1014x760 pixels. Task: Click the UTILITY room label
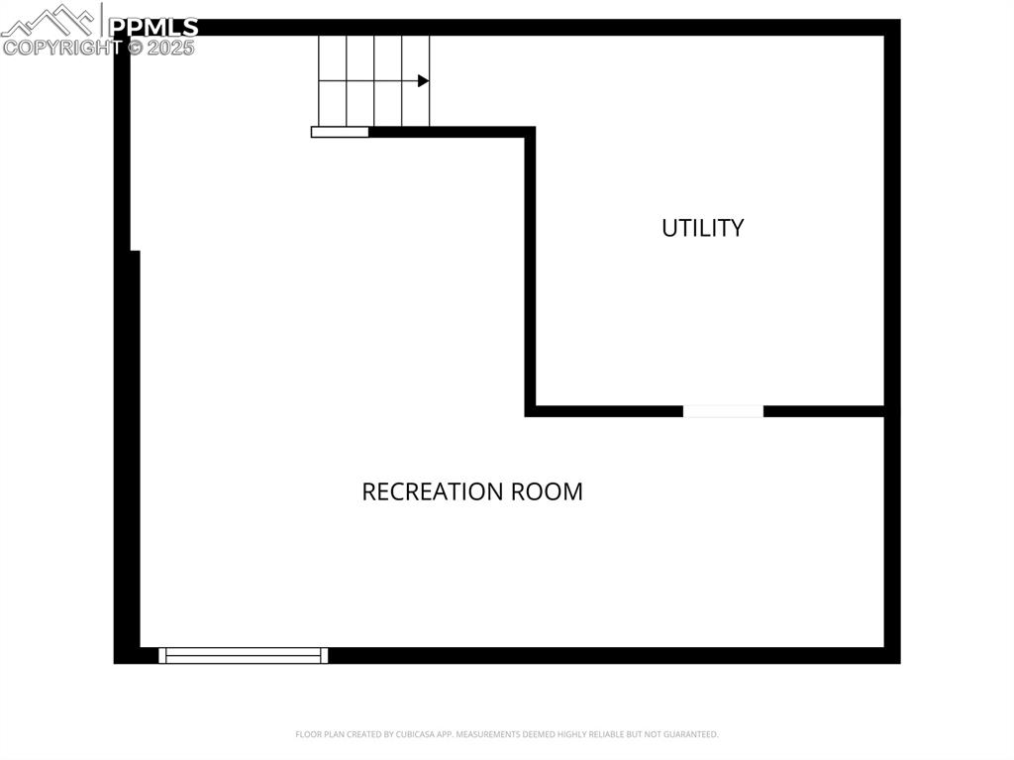(702, 228)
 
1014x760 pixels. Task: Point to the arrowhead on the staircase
(423, 81)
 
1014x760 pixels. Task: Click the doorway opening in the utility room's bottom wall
(723, 411)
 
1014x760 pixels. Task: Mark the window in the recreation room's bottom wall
(243, 655)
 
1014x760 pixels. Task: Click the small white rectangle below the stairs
(340, 132)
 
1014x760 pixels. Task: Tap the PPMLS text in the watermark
(152, 27)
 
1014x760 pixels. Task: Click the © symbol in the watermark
(131, 48)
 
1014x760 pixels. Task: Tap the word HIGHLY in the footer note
(567, 734)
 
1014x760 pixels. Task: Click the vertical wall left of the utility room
(530, 268)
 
